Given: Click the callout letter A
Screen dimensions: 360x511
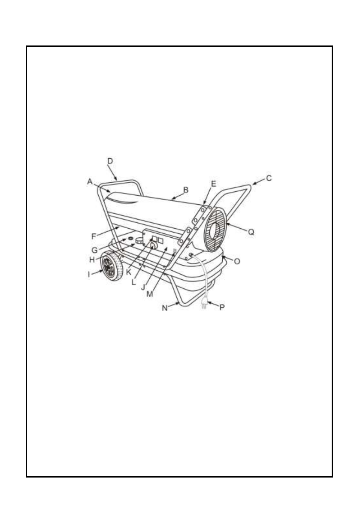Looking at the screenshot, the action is (x=90, y=181).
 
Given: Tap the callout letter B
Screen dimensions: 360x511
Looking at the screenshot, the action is (x=186, y=189).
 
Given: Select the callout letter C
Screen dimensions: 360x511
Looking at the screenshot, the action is (x=269, y=177).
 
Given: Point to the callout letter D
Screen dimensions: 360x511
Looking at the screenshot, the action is (x=110, y=161).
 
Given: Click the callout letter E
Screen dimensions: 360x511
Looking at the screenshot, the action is (x=214, y=183).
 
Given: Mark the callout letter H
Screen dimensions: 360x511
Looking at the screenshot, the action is (x=91, y=260).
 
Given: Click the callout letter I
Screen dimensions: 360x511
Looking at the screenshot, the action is (x=90, y=273).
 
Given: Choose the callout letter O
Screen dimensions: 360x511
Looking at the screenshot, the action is (x=237, y=260).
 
